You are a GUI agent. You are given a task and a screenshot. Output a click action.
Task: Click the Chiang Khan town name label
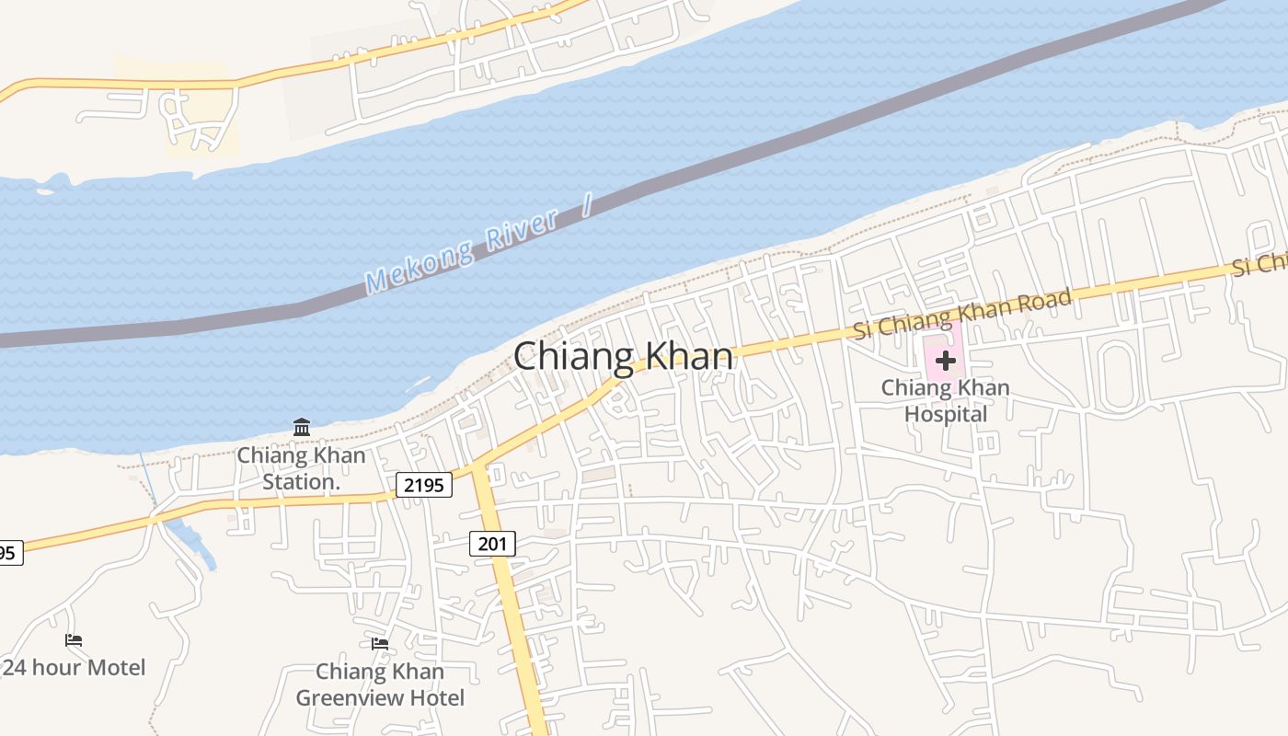click(x=624, y=357)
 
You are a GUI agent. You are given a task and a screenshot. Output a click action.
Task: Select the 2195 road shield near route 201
click(x=424, y=485)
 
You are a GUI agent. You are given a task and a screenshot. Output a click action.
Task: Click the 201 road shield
click(x=492, y=544)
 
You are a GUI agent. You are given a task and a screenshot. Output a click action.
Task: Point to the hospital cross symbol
click(x=945, y=360)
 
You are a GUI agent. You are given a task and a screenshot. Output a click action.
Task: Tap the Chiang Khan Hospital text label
click(x=945, y=401)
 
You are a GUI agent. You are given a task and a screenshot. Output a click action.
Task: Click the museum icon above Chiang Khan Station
click(x=302, y=427)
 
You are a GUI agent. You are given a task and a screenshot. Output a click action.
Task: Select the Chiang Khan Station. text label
click(x=301, y=468)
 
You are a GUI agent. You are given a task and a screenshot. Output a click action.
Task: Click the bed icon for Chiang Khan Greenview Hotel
click(x=380, y=644)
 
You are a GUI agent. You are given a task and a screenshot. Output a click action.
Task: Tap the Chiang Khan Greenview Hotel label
click(x=380, y=684)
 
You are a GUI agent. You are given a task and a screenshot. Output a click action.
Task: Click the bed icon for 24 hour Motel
click(x=74, y=640)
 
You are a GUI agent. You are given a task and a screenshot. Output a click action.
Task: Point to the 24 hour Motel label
click(x=74, y=668)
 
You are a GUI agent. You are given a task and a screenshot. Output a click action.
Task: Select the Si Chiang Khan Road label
click(x=962, y=313)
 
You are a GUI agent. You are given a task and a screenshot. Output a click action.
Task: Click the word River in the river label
click(x=522, y=230)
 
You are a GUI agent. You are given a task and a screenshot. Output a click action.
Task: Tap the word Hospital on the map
click(x=945, y=414)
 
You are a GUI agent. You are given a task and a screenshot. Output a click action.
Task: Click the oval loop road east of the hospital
click(x=1116, y=375)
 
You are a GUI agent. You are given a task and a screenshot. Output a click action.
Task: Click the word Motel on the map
click(x=114, y=668)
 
